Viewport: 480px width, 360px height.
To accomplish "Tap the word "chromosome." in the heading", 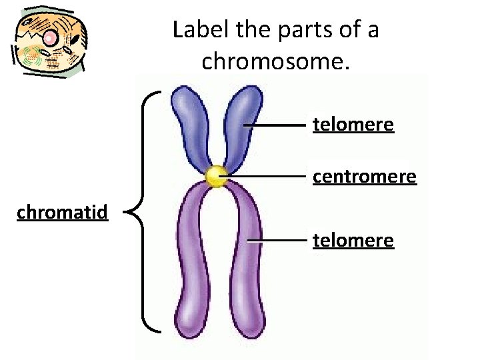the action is pyautogui.click(x=275, y=61).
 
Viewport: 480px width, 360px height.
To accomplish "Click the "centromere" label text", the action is pyautogui.click(x=365, y=177).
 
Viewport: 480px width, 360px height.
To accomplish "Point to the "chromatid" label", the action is pyautogui.click(x=62, y=213).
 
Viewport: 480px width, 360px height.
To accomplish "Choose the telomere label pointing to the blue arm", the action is pyautogui.click(x=353, y=125).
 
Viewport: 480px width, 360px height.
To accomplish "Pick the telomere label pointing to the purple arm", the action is pyautogui.click(x=353, y=240).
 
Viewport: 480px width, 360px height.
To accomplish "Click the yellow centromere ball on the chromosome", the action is pyautogui.click(x=216, y=177).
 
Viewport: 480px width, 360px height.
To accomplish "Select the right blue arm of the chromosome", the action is pyautogui.click(x=241, y=123).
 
